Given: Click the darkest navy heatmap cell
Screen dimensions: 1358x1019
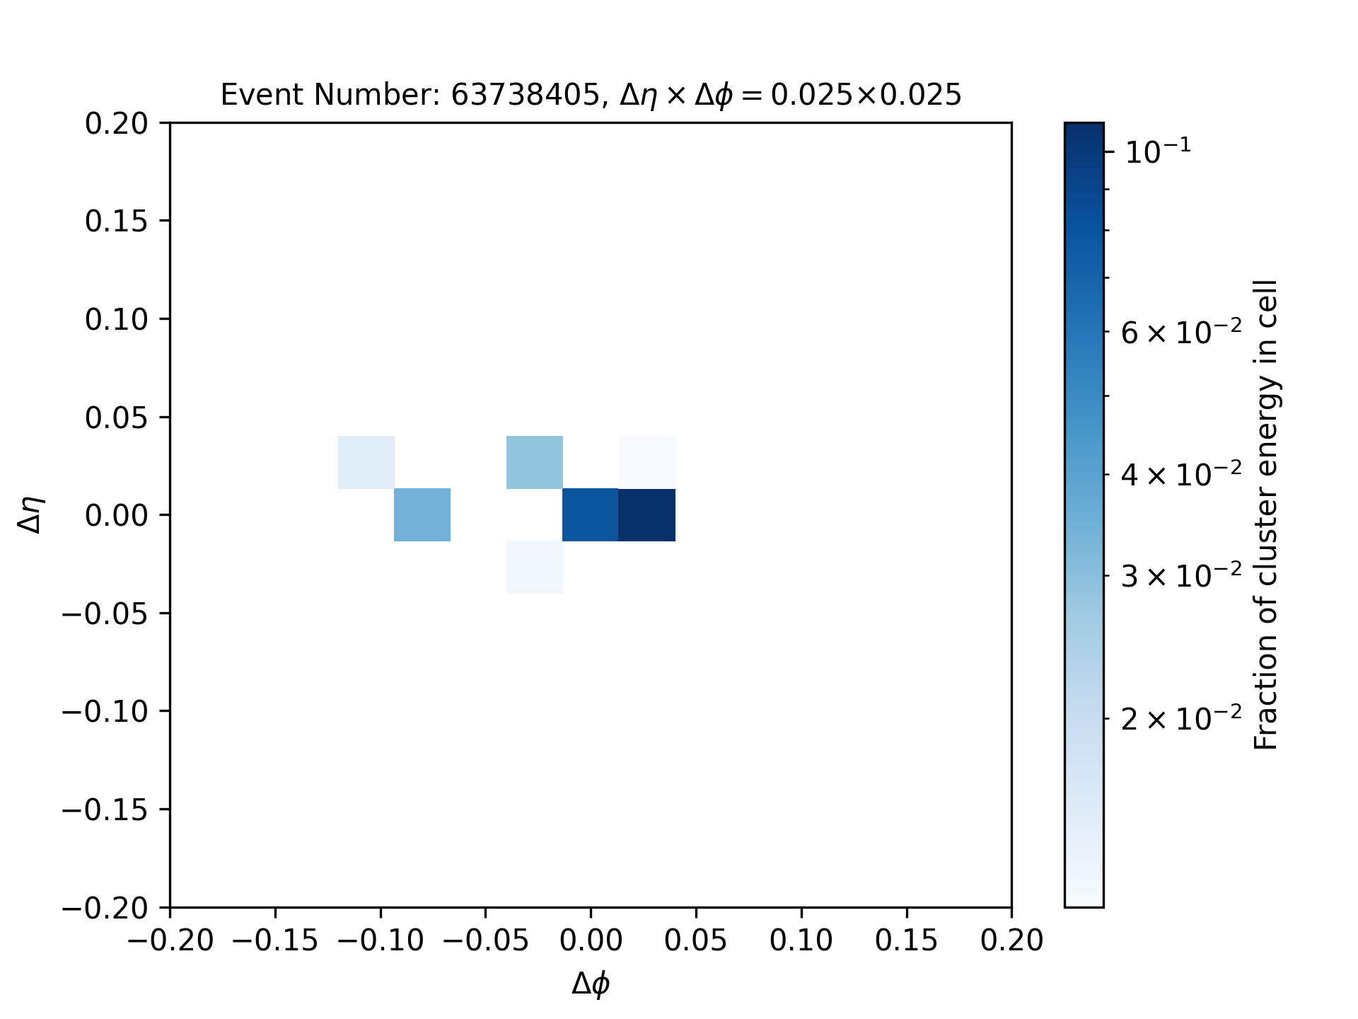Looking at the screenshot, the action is tap(646, 514).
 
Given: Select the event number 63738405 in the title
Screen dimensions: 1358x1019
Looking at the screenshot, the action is tap(526, 95).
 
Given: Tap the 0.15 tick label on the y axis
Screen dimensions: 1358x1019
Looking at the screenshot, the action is tap(117, 221).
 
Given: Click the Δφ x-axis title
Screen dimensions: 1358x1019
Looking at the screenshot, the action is tap(591, 984).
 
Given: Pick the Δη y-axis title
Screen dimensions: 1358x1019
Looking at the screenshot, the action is tap(32, 514).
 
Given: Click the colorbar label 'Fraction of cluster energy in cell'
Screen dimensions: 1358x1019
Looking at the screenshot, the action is tap(1266, 514).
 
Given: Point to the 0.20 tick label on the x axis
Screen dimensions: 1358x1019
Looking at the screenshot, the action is tap(1011, 941).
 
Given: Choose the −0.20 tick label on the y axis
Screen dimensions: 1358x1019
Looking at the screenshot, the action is tap(105, 908).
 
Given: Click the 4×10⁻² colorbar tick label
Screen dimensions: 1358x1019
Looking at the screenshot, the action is tap(1181, 473).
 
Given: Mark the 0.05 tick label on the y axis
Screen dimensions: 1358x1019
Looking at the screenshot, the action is tap(117, 418).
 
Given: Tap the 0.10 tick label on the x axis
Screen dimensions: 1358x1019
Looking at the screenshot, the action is tap(801, 941).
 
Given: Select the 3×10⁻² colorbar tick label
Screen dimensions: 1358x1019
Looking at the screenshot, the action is tap(1181, 576).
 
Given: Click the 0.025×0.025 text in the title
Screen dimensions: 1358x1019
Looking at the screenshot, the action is tap(866, 95).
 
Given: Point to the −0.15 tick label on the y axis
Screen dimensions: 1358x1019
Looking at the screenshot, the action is tap(105, 810).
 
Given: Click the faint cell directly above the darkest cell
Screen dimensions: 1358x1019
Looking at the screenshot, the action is tap(646, 462).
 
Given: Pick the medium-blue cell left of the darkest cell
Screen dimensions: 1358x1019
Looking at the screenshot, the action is tap(591, 514).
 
